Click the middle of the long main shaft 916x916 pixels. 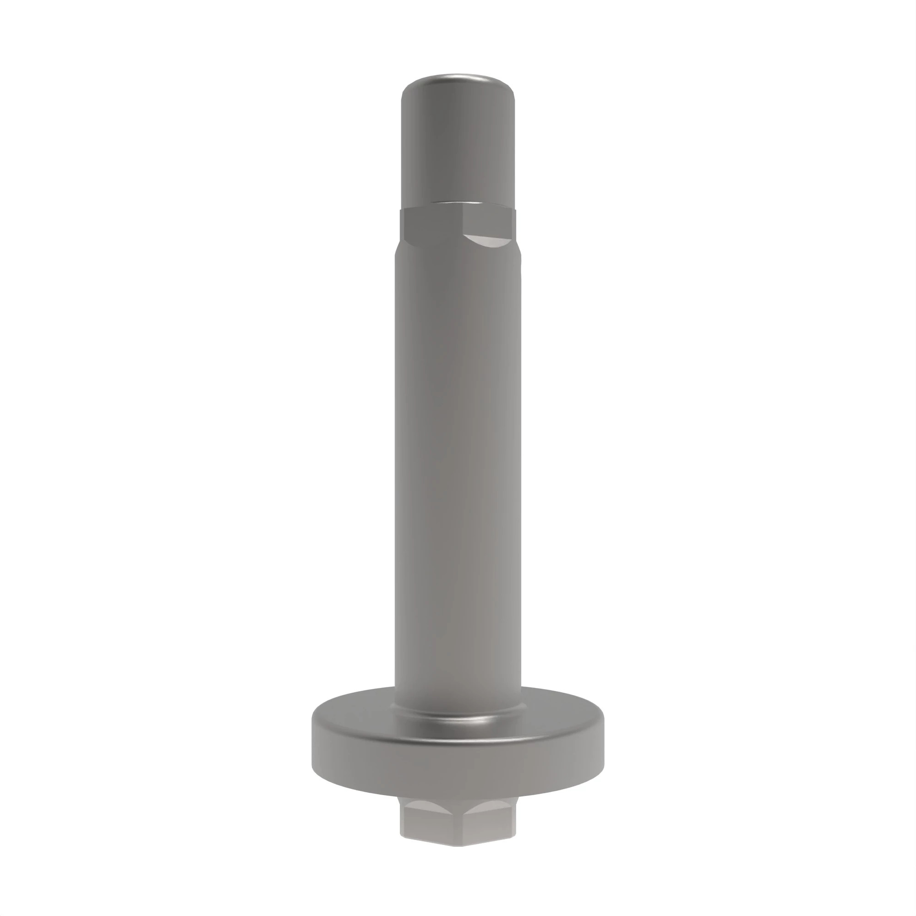(x=458, y=474)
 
